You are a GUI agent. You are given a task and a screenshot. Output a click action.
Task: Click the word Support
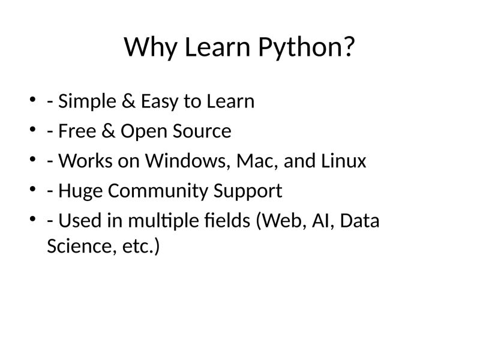pyautogui.click(x=247, y=191)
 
